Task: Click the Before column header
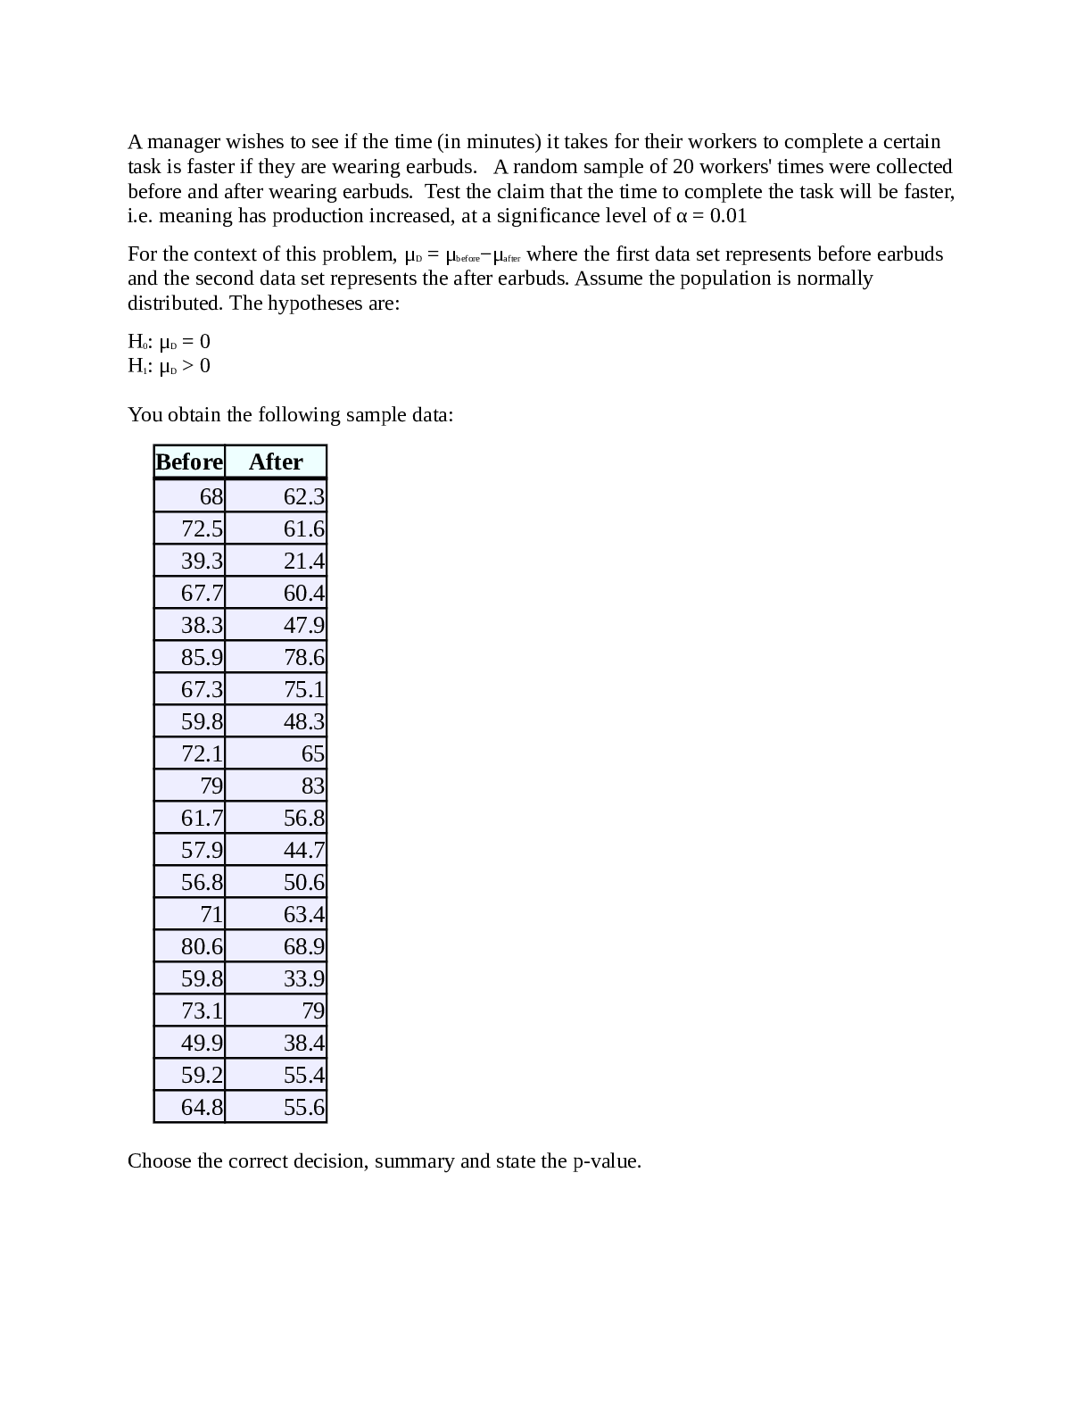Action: tap(189, 462)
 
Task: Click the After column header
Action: tap(276, 462)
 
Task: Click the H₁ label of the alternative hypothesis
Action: tap(137, 366)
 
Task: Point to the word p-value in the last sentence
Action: tap(606, 1161)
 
